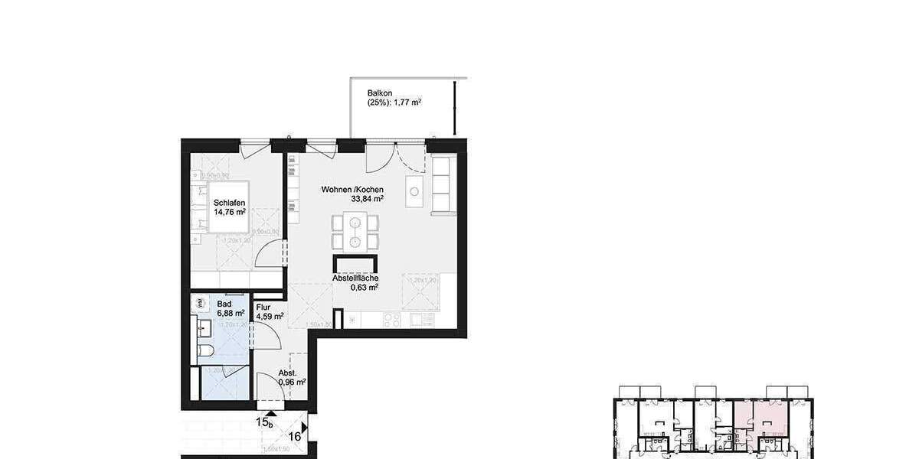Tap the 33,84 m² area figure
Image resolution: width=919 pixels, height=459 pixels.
(368, 199)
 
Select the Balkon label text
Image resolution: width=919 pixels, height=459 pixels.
(380, 93)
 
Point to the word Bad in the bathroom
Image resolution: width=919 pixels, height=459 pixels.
(224, 304)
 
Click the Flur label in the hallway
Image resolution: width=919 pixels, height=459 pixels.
(263, 306)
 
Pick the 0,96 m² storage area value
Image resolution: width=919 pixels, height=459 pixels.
(292, 382)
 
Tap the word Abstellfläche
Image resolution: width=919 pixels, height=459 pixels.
(355, 278)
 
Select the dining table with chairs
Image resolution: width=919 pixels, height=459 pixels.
(355, 232)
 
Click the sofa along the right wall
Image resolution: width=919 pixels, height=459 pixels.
(443, 185)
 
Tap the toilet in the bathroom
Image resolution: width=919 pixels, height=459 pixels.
(205, 352)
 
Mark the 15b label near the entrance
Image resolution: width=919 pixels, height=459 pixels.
(264, 422)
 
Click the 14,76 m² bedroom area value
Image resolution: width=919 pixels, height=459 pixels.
(230, 212)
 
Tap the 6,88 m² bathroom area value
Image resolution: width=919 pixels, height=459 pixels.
(230, 313)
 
